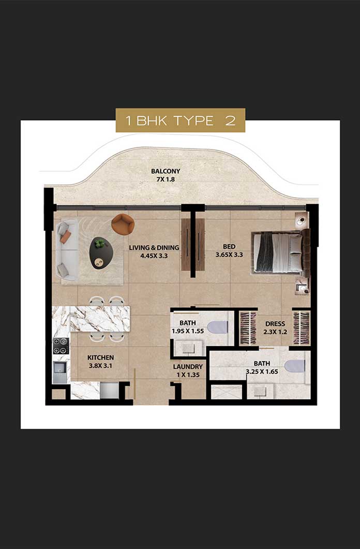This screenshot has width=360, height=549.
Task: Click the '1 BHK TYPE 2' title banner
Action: [180, 120]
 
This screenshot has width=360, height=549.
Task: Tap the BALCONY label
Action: [166, 171]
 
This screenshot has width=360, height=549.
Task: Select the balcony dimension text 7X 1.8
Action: [166, 179]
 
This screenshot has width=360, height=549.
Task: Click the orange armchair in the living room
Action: [123, 224]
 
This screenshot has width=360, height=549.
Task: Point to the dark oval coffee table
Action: [100, 253]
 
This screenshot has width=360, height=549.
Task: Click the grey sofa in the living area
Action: [67, 250]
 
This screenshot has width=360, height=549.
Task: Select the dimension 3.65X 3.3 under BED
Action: [229, 255]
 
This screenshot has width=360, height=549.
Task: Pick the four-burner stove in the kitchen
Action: [61, 346]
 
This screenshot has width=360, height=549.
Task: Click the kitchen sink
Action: [59, 371]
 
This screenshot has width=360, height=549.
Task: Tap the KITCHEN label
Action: [100, 358]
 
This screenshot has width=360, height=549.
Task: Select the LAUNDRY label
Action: [188, 366]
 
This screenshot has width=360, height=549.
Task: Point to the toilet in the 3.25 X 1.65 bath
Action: [295, 366]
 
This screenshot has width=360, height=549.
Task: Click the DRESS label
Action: [275, 324]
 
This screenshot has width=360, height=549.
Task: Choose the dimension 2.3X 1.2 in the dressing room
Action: [275, 332]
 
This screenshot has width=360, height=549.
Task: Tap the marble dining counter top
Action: [91, 319]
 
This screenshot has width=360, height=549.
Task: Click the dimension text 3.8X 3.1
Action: [100, 366]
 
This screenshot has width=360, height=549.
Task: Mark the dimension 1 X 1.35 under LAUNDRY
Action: [188, 375]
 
